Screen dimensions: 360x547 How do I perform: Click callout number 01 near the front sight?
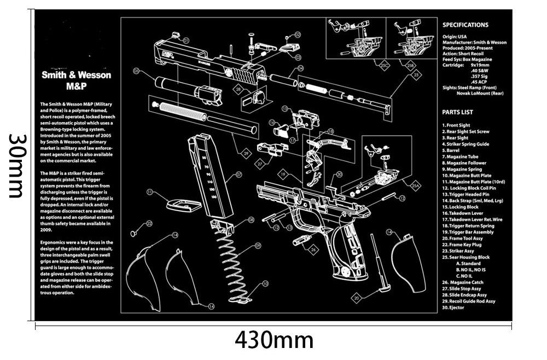(x=186, y=40)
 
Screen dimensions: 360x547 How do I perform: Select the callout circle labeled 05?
(x=136, y=71)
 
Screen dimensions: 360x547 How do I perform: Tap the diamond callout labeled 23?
(x=416, y=75)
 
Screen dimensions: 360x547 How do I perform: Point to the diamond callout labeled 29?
(x=246, y=154)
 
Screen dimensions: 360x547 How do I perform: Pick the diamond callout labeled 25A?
(x=415, y=186)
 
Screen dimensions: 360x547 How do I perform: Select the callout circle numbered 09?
(x=258, y=246)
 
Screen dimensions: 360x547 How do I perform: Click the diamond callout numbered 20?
(x=357, y=298)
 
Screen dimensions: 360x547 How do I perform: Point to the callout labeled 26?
(x=313, y=249)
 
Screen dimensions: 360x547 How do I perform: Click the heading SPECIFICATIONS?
(x=465, y=25)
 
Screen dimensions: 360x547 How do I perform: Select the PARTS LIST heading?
(x=457, y=113)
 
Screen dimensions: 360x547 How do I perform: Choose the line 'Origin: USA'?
(x=455, y=37)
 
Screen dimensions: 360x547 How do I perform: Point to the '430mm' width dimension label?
(x=274, y=340)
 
